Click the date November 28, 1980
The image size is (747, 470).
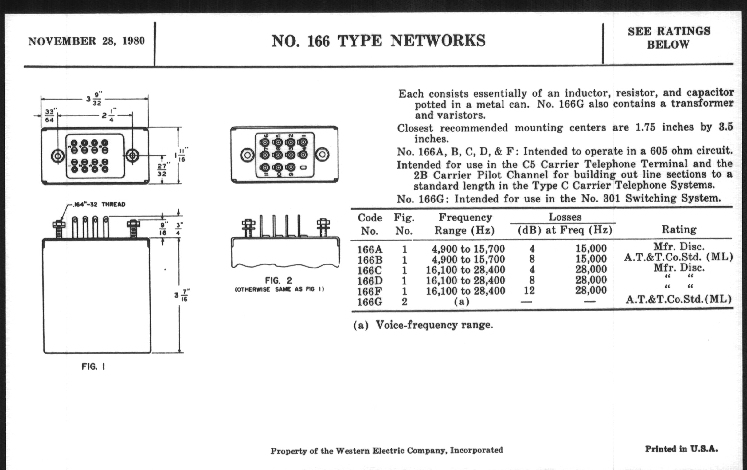(x=86, y=41)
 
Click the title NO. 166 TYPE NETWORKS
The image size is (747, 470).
(x=378, y=41)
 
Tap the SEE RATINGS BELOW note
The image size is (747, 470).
(x=669, y=38)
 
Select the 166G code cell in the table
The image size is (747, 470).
(x=370, y=302)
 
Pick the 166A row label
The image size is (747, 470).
(x=370, y=249)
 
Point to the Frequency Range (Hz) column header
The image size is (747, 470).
(x=465, y=224)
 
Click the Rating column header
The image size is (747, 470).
(x=679, y=229)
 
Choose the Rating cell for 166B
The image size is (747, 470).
(x=678, y=257)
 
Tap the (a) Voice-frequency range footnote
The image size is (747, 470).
(x=423, y=325)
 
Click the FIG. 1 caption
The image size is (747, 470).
(x=93, y=367)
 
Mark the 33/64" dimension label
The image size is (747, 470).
(x=49, y=116)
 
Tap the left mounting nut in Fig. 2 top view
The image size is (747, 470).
(x=247, y=155)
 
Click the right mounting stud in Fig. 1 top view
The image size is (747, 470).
(x=132, y=155)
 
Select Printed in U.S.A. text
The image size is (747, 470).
(x=681, y=449)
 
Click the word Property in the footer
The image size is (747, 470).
(x=284, y=451)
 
